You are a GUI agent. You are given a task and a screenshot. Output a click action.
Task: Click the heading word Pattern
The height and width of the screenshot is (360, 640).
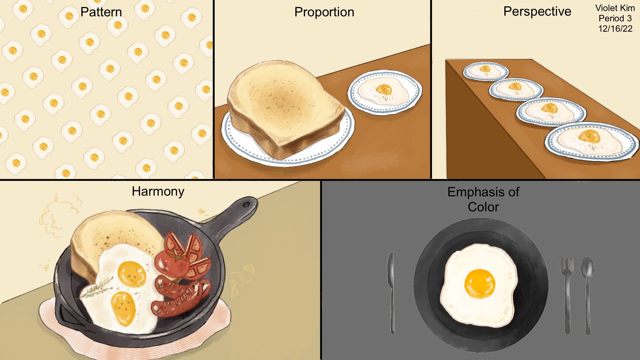(101, 12)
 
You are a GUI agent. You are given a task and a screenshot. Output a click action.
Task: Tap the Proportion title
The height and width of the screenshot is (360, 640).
(324, 12)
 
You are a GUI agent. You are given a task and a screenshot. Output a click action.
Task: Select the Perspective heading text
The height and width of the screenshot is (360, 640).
(537, 12)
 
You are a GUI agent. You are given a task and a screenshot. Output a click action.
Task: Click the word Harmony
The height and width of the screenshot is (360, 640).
(158, 192)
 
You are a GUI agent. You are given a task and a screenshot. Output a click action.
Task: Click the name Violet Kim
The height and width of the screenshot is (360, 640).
(615, 8)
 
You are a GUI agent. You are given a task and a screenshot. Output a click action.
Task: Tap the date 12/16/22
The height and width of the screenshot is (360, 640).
(615, 29)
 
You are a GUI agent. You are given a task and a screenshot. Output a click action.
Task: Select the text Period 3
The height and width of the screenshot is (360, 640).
(615, 18)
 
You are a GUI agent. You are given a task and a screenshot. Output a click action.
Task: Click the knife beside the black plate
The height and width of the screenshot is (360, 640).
(391, 293)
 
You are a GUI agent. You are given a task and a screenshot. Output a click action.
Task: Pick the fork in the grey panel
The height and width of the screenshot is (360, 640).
(567, 295)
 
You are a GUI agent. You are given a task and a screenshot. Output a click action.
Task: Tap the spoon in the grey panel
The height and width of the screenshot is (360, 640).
(587, 295)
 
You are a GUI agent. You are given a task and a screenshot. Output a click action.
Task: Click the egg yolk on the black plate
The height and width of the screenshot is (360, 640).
(480, 283)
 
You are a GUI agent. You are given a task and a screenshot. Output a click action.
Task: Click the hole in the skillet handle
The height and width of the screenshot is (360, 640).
(246, 204)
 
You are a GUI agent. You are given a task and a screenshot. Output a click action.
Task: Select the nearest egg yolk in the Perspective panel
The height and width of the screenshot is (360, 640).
(589, 136)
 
